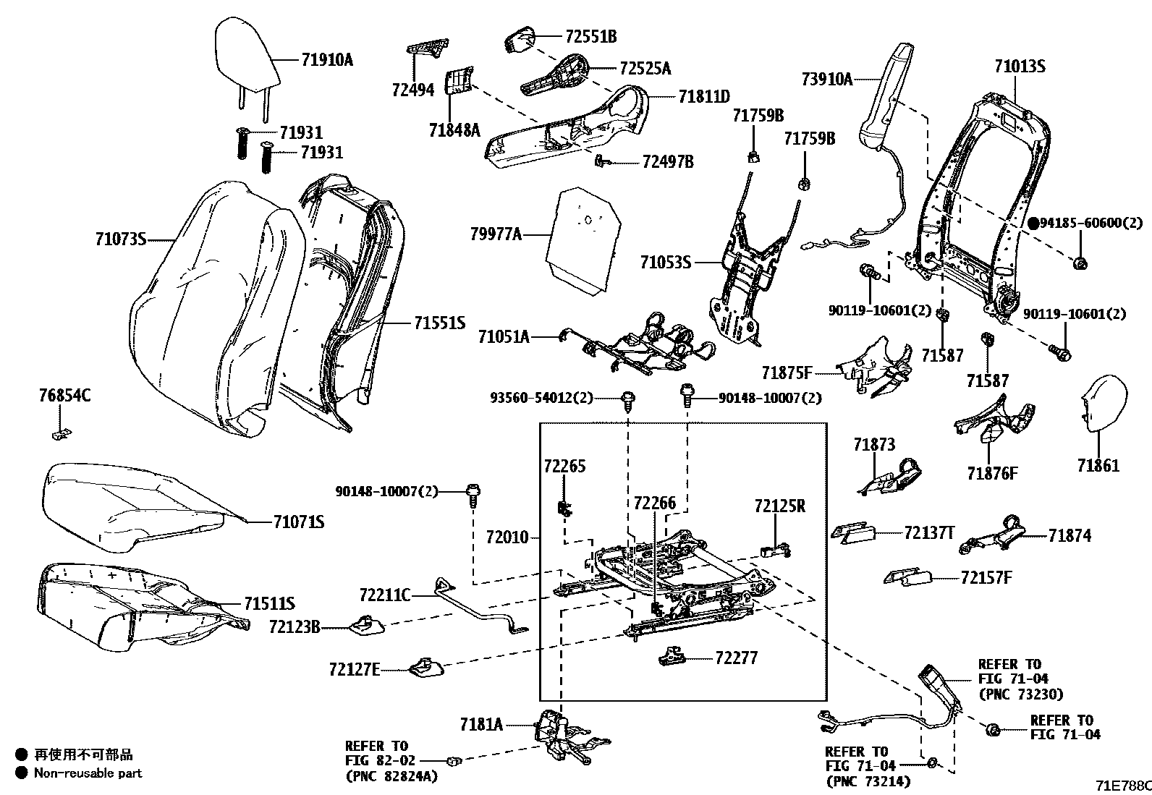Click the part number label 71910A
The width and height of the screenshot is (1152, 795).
pos(327,60)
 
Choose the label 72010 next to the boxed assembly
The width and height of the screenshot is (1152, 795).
pos(507,537)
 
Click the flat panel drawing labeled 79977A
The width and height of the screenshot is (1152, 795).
pos(583,239)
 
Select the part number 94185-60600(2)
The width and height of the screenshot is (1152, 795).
pos(1091,224)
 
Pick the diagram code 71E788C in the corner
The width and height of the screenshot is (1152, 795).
pos(1122,785)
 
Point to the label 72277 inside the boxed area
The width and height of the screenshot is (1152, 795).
pos(736,658)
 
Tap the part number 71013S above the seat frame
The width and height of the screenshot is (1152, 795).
pos(1020,67)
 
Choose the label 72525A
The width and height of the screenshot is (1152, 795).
pos(645,68)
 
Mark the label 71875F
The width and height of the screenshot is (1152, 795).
pos(787,373)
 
